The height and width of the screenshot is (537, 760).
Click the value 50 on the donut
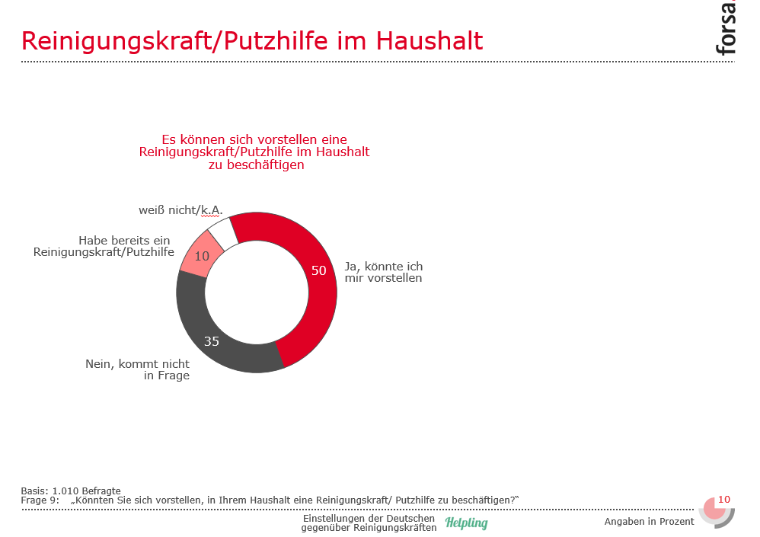pos(319,270)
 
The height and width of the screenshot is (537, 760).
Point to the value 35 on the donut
pos(211,341)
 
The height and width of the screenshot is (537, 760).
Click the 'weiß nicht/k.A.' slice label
pos(180,209)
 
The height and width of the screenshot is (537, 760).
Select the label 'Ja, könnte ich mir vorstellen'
pos(383,272)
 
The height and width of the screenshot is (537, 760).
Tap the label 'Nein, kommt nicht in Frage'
pos(137,369)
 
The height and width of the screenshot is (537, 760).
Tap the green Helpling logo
pos(466,523)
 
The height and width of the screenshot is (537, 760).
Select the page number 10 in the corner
pos(724,500)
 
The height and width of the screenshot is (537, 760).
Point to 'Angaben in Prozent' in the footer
pos(649,522)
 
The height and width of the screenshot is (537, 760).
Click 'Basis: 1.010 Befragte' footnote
pos(71,491)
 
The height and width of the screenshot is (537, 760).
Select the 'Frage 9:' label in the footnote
pos(40,500)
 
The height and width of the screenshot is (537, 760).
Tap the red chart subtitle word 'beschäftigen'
pos(263,165)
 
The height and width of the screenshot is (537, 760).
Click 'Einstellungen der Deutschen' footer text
pos(369,519)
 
